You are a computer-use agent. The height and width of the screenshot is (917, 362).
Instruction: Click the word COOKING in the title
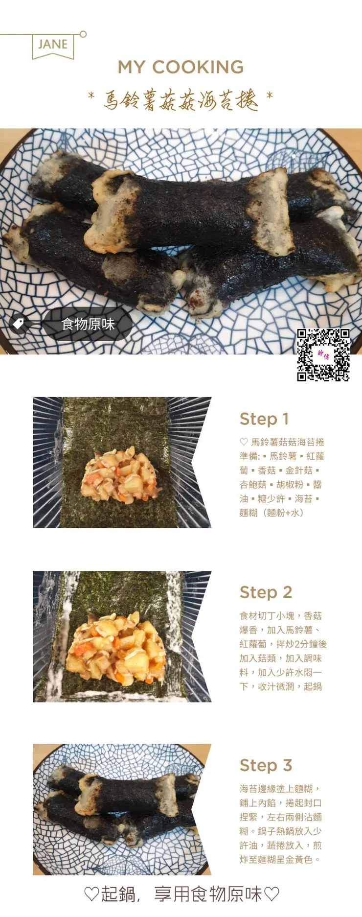point(198,67)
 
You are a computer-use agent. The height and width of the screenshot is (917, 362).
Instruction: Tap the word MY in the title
point(132,67)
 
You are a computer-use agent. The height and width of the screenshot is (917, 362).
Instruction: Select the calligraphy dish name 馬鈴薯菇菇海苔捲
point(181,99)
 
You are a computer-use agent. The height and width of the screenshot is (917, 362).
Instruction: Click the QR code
point(323,355)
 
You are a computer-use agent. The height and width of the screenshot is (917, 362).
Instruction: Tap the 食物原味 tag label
point(88,324)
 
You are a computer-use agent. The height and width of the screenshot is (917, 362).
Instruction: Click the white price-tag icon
point(19,324)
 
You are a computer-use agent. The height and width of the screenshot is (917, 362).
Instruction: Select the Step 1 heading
point(264,419)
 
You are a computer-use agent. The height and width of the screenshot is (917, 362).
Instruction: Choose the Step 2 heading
point(266,592)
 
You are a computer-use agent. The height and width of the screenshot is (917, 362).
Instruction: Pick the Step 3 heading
point(266,765)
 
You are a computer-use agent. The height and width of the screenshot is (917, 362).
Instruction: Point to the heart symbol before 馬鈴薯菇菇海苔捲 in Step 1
point(244,442)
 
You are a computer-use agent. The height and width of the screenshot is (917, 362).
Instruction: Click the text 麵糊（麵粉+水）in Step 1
point(272,513)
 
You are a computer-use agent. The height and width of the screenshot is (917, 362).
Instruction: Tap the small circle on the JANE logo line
point(83,34)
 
